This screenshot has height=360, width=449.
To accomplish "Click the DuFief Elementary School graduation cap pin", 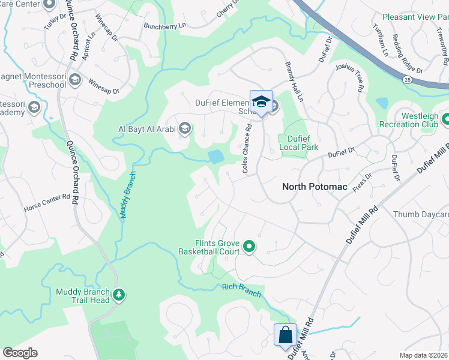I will (x=261, y=101).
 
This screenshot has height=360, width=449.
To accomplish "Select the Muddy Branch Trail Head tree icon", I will (x=119, y=294).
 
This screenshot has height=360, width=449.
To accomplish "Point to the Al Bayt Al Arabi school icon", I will (x=185, y=128).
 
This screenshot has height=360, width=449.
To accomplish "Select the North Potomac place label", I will (x=315, y=187).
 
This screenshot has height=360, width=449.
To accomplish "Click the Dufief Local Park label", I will (x=298, y=142).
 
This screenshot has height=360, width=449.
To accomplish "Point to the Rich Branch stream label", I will (x=241, y=289).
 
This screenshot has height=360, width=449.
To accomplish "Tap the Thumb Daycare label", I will (x=420, y=214).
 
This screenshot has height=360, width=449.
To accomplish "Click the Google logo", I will (x=20, y=352).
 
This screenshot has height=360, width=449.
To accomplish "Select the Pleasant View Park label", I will (x=415, y=17).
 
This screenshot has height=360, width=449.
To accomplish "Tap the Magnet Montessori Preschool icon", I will (x=74, y=79).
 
